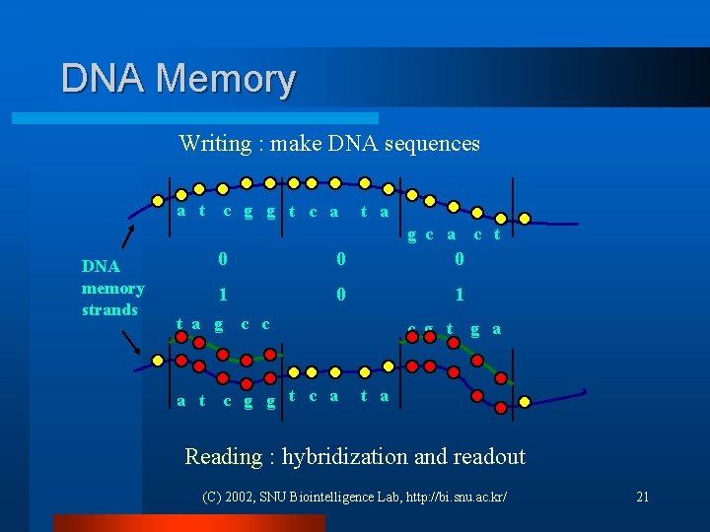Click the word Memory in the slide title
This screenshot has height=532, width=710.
pyautogui.click(x=225, y=79)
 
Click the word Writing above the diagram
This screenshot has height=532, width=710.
pyautogui.click(x=214, y=144)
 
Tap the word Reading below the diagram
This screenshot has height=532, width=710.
pyautogui.click(x=223, y=456)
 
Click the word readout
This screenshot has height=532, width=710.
pyautogui.click(x=489, y=456)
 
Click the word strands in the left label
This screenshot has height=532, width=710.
pyautogui.click(x=109, y=310)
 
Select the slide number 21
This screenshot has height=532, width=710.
pyautogui.click(x=642, y=497)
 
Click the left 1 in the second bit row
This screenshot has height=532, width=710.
pyautogui.click(x=223, y=295)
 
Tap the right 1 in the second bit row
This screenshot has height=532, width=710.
pyautogui.click(x=459, y=295)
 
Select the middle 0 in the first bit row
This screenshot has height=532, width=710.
pyautogui.click(x=340, y=259)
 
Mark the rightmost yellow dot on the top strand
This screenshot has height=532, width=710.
pyautogui.click(x=525, y=219)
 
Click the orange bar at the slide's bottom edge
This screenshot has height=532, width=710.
pyautogui.click(x=187, y=523)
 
